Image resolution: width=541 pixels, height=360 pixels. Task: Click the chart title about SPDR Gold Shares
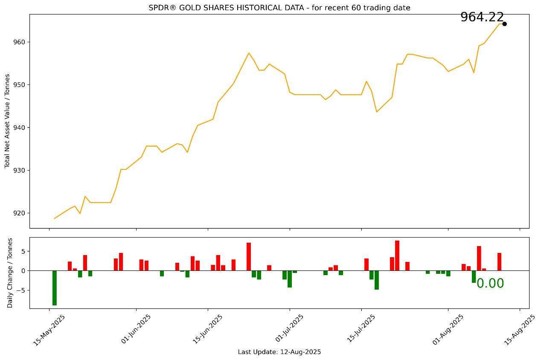(x=279, y=8)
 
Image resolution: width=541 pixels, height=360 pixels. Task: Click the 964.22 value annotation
(x=482, y=17)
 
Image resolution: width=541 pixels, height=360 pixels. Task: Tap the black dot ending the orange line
(x=504, y=24)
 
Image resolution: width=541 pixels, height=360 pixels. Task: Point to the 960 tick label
(x=21, y=42)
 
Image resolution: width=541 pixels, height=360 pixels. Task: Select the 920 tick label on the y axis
(x=21, y=213)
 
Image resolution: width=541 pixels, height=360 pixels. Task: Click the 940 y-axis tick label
(x=21, y=128)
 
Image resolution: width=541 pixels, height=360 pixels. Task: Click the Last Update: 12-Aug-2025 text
(x=279, y=352)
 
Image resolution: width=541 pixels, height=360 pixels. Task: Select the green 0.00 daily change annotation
(x=490, y=284)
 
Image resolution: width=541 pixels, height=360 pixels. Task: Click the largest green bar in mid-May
(x=55, y=288)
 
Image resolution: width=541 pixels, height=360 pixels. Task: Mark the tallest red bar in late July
(x=397, y=255)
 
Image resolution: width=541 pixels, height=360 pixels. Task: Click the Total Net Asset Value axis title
(x=8, y=121)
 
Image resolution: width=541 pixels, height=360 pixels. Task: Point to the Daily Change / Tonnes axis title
(x=10, y=273)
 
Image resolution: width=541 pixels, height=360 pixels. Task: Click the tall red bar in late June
(x=249, y=257)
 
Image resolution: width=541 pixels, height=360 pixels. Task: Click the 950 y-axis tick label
(x=21, y=85)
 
